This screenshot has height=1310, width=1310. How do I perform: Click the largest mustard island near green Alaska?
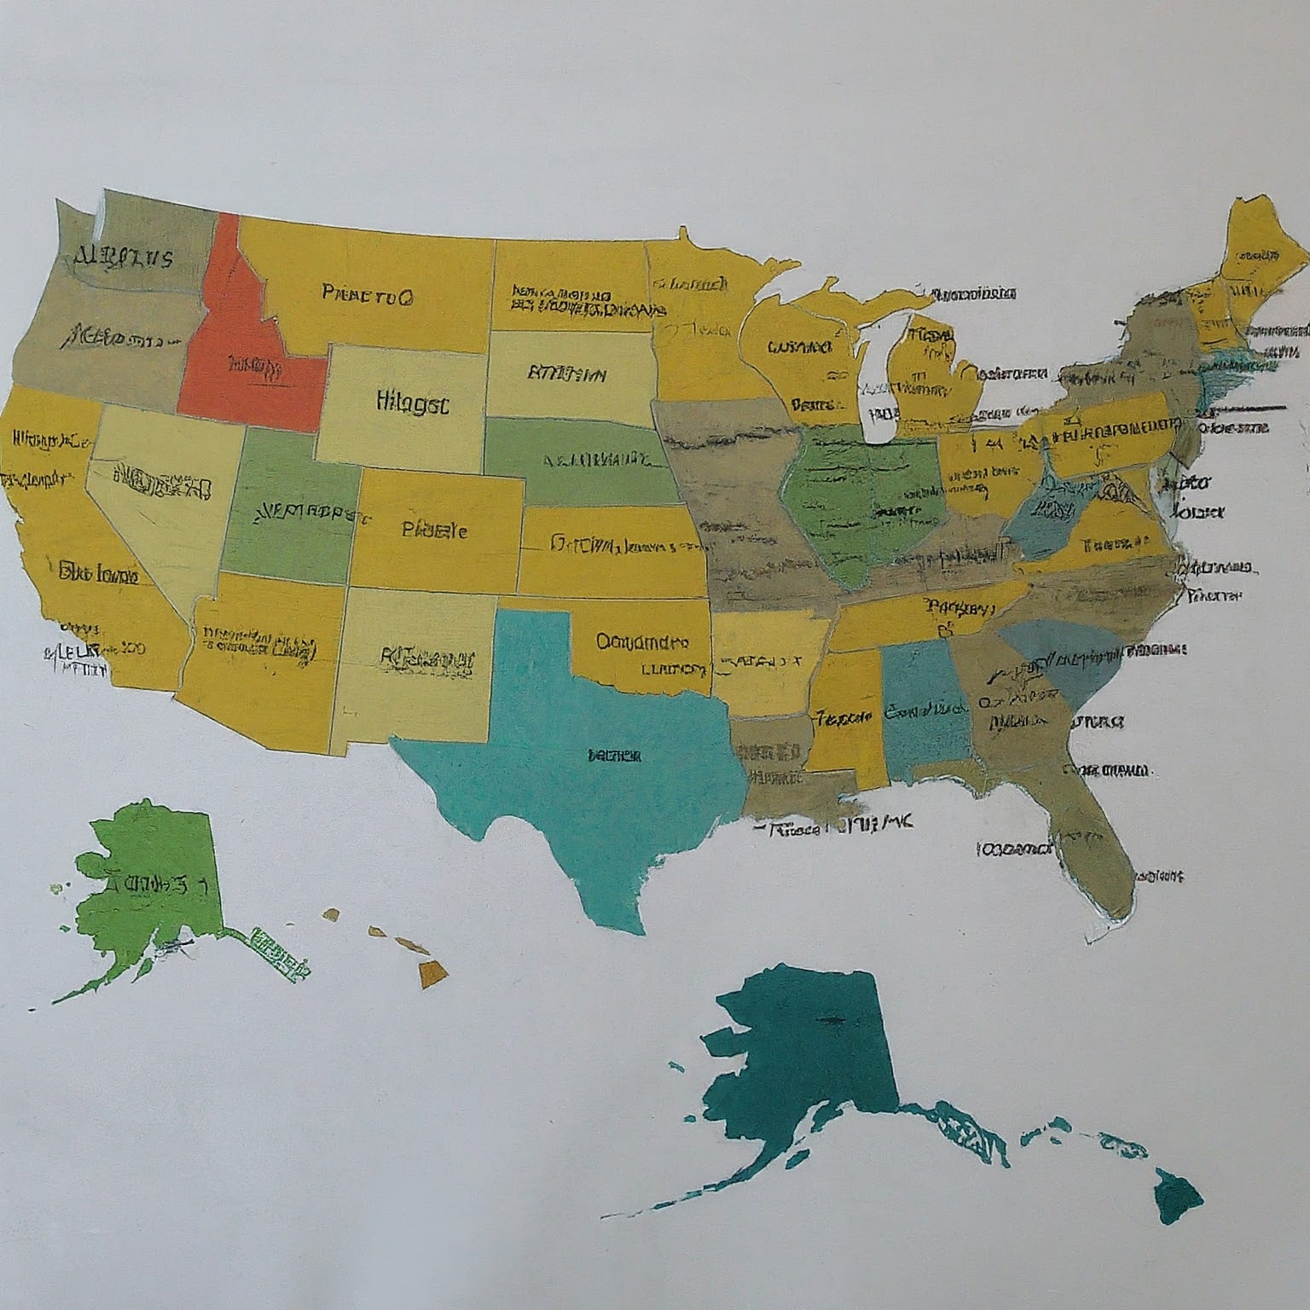[432, 971]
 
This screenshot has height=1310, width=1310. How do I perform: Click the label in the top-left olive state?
[124, 256]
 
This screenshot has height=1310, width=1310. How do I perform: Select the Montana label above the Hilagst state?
[368, 296]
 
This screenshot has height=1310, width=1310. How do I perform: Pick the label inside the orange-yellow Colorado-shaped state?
[434, 530]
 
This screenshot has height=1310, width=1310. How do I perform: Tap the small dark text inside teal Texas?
[614, 756]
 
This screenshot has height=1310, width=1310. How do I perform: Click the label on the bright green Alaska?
[154, 884]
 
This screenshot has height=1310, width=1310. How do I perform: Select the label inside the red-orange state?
[253, 368]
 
